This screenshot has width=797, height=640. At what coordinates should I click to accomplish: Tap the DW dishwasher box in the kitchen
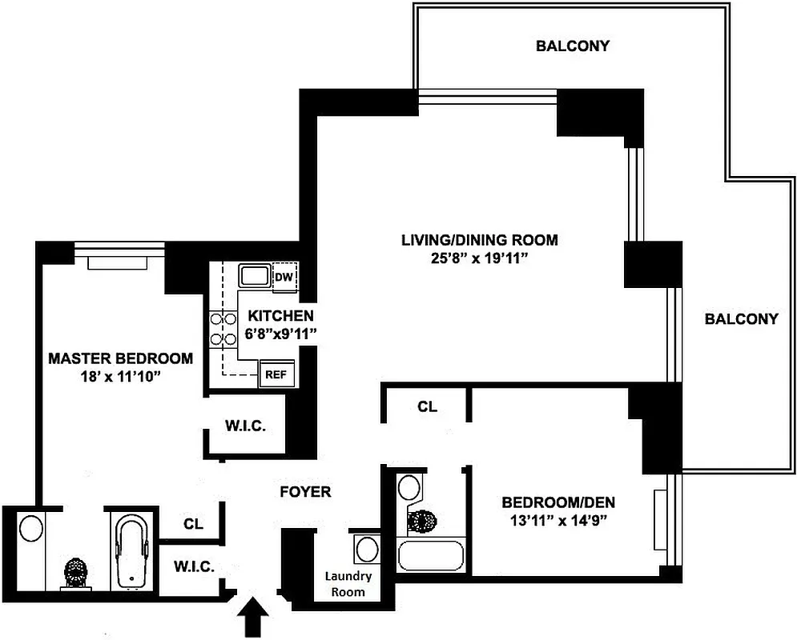(x=284, y=277)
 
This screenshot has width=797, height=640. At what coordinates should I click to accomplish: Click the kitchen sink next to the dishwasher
(x=256, y=276)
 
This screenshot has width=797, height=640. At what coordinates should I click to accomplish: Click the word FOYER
(x=304, y=491)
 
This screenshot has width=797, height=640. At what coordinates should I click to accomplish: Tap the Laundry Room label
(x=348, y=584)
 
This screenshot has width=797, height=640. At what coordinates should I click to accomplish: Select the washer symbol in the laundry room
(x=368, y=550)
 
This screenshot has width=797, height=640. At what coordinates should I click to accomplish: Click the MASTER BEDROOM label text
(x=120, y=358)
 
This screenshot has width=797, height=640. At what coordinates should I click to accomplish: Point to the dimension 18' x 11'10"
(x=120, y=376)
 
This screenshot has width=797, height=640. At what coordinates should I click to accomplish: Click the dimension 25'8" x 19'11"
(x=479, y=258)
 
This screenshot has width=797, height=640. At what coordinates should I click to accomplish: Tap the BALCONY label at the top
(x=572, y=46)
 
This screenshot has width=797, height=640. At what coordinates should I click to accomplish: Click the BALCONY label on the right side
(x=741, y=318)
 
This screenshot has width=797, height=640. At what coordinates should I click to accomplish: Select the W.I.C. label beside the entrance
(x=193, y=566)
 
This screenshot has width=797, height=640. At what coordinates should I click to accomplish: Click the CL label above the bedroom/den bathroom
(x=427, y=406)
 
